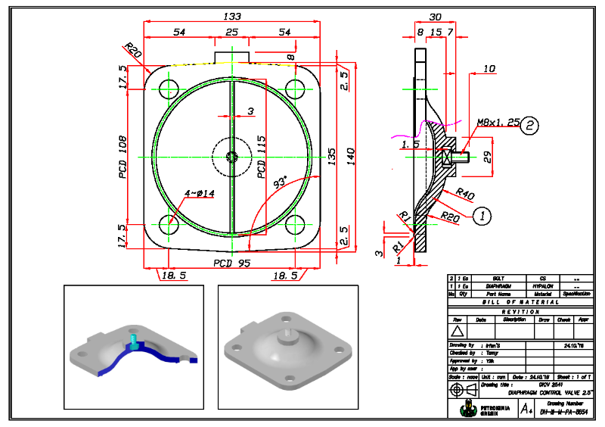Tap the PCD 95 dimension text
[231, 263]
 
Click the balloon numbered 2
[531, 126]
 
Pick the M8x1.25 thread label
[496, 121]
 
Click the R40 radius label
[465, 195]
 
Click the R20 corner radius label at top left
[133, 51]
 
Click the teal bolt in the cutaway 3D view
[133, 342]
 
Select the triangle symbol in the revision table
[456, 330]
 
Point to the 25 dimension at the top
[231, 33]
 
